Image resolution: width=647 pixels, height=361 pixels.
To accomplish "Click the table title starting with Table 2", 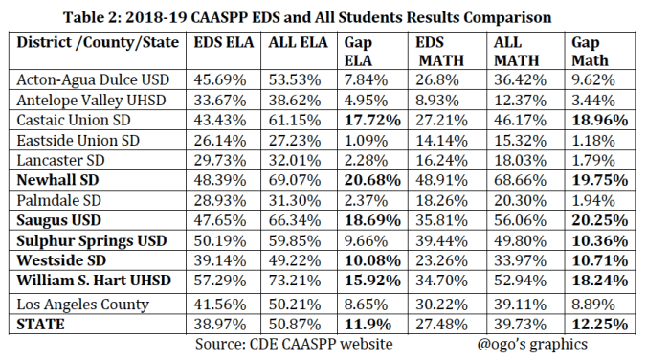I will (324, 12).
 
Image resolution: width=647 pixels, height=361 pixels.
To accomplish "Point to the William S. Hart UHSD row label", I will (97, 282).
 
